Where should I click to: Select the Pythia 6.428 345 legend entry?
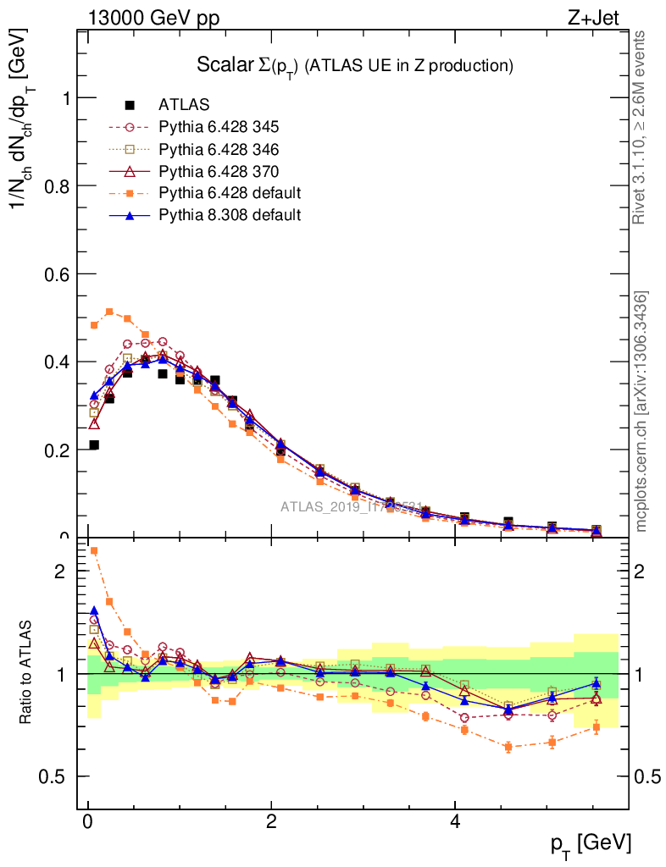[x=219, y=127]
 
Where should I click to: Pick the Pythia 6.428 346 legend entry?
[x=219, y=149]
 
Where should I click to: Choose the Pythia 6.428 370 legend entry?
[x=219, y=171]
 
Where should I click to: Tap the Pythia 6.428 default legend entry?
[x=229, y=193]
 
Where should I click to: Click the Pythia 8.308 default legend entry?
[x=229, y=215]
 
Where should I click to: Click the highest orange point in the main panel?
[x=109, y=312]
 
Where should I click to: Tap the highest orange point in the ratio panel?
[x=94, y=550]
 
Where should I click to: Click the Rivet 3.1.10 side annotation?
[x=641, y=127]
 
